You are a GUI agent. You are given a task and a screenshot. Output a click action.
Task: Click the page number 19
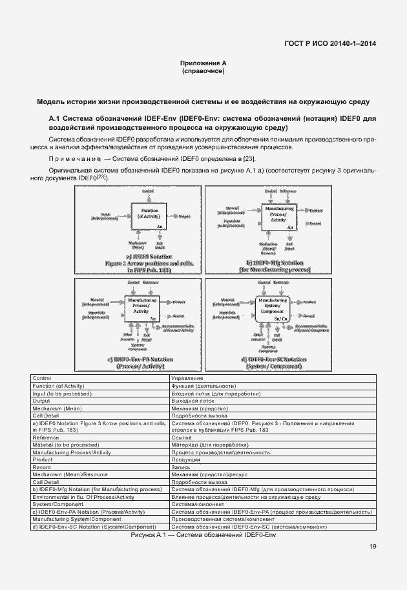click(373, 547)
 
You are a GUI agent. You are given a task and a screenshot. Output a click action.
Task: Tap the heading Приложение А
click(203, 63)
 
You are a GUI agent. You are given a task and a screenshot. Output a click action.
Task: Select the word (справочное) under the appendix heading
click(203, 71)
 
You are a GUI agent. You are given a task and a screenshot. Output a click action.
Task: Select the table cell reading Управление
click(187, 378)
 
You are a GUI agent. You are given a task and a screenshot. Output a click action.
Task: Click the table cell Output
click(42, 401)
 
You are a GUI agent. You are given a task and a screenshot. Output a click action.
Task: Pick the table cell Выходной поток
click(193, 401)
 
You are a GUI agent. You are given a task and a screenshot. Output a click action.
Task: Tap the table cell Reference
click(46, 437)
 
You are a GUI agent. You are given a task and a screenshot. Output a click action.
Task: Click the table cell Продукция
click(187, 459)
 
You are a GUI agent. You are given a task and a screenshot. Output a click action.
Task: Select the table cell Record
click(41, 467)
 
